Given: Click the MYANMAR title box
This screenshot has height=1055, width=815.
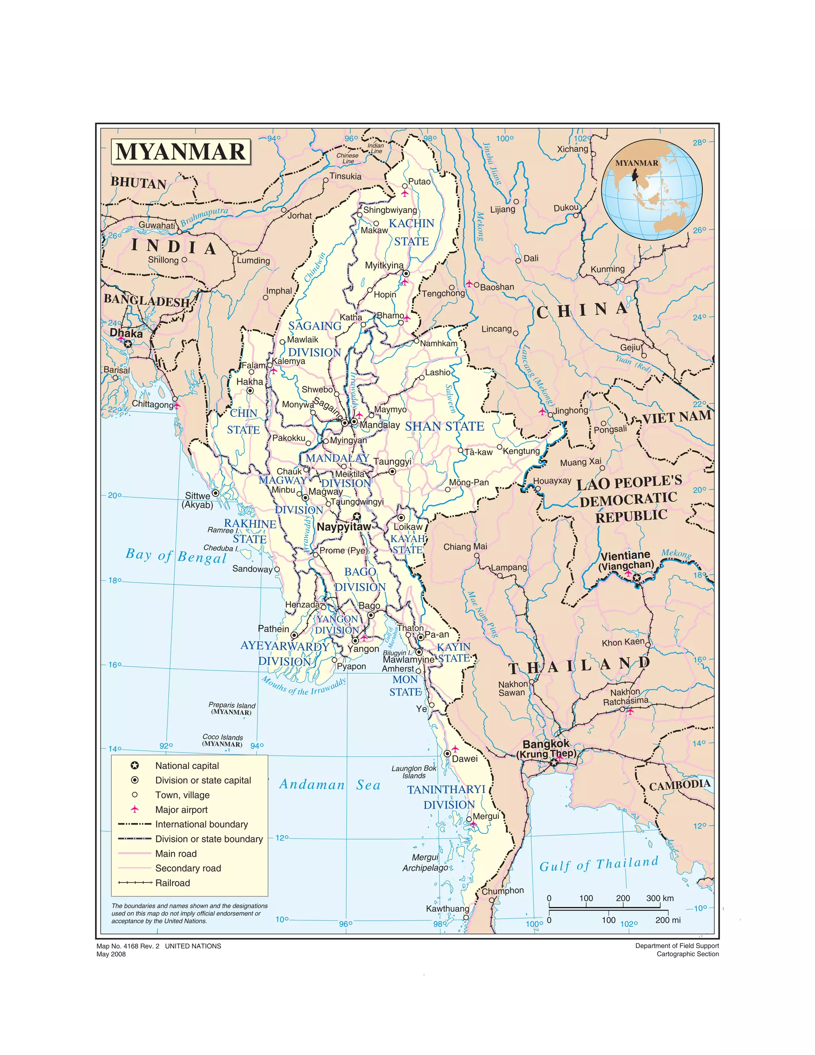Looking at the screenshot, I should (x=181, y=152).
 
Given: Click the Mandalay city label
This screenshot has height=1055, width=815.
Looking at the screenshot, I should (x=380, y=425).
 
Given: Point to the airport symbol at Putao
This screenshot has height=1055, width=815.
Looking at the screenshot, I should (x=404, y=193).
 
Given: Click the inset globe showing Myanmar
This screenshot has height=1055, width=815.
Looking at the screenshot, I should (x=651, y=190).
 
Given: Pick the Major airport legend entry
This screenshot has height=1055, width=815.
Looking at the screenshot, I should (x=181, y=810).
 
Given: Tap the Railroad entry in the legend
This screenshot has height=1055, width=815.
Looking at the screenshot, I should (x=172, y=883).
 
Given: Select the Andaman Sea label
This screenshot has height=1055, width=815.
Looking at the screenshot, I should (x=330, y=785).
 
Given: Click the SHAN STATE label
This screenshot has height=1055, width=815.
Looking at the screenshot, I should (x=444, y=426).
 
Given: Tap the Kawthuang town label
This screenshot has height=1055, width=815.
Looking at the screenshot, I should (x=447, y=908).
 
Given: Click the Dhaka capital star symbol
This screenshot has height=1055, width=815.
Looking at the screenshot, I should (x=127, y=344).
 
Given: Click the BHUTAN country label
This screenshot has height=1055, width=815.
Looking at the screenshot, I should (x=138, y=183).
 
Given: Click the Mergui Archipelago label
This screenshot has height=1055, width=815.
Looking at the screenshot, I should (x=425, y=862).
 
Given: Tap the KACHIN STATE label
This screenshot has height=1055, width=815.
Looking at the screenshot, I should (x=411, y=232).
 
